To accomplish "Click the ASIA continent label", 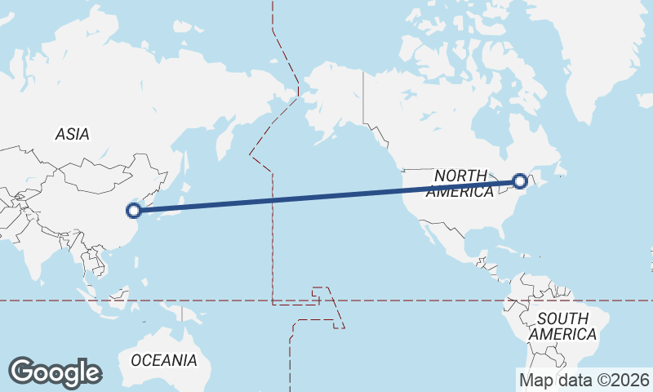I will pos(73,134).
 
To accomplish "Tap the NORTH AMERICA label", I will pos(460,184).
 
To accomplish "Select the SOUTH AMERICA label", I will pos(562,327).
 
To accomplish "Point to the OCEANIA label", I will pos(164,359).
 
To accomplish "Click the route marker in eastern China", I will pos(134,211).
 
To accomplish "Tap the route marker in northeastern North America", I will pos(519,181).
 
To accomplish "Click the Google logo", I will pos(55,372).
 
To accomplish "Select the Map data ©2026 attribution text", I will pos(584,380).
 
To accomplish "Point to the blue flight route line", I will pos(326,196).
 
